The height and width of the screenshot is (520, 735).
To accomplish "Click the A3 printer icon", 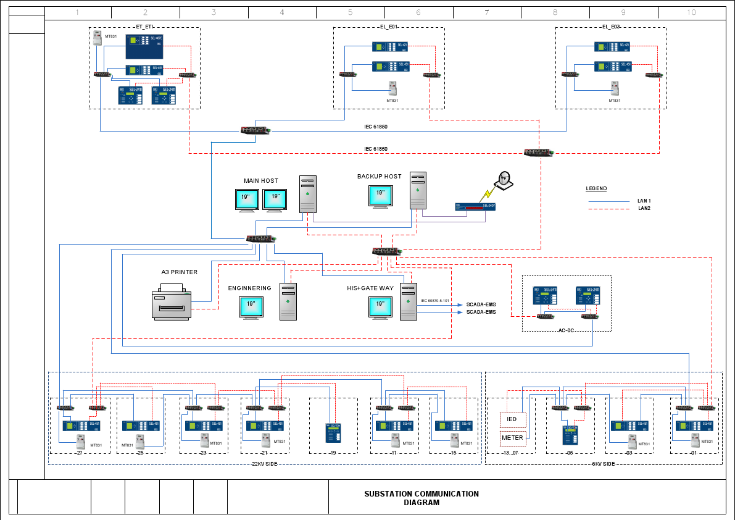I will click(171, 302).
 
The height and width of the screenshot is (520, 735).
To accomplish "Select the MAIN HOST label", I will click(261, 181).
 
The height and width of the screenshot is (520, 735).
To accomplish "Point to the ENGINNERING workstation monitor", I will click(251, 307).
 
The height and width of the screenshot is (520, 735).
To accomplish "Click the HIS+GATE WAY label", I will click(370, 288).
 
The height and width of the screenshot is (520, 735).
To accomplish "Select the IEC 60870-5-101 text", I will click(434, 301).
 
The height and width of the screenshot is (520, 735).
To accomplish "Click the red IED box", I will click(512, 420).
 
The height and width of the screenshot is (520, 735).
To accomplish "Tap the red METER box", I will click(512, 438).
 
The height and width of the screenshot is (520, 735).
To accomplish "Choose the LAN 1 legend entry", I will click(644, 201).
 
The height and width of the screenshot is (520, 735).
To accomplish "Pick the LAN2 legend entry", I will click(644, 209).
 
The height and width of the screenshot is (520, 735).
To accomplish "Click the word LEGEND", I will click(596, 188).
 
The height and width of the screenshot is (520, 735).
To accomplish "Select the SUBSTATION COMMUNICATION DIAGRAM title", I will click(421, 498).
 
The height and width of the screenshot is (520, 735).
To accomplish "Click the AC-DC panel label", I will click(566, 330).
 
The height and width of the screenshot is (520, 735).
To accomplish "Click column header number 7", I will click(487, 12).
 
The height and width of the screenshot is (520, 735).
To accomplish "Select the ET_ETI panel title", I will click(144, 27).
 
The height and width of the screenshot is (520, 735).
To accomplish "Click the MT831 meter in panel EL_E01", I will click(392, 88).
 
